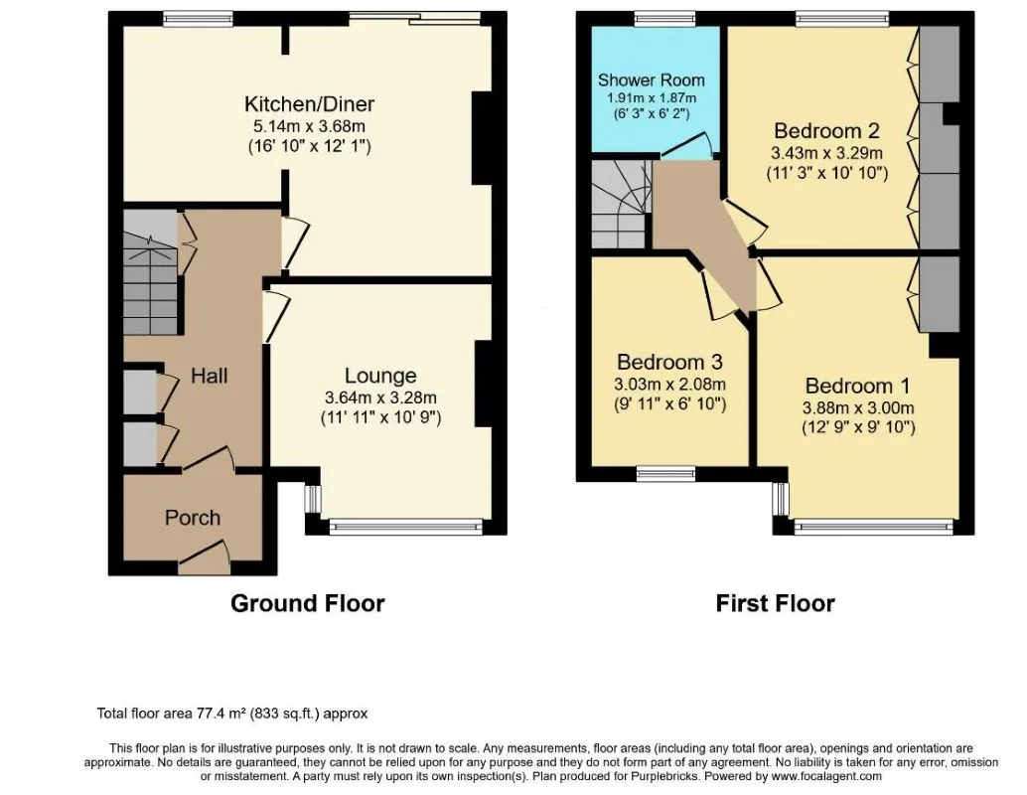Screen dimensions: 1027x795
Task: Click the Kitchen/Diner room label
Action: click(309, 103)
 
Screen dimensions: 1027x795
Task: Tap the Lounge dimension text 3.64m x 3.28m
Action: click(380, 397)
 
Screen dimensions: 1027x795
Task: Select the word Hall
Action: click(209, 376)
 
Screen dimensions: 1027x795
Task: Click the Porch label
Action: click(192, 518)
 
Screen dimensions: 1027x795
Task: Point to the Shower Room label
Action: click(651, 79)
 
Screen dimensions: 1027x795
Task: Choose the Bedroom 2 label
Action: click(826, 130)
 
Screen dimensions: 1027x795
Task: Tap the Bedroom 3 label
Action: click(669, 362)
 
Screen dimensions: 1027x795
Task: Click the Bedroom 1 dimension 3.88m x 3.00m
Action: click(858, 407)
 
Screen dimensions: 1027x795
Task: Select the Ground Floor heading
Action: click(307, 603)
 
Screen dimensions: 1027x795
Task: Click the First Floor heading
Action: click(775, 603)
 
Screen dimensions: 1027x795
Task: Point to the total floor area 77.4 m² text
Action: click(231, 714)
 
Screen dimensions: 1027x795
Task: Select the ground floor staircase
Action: click(150, 272)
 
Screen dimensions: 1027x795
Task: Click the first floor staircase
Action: click(622, 204)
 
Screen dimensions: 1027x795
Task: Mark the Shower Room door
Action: click(686, 145)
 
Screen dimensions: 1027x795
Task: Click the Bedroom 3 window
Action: click(666, 474)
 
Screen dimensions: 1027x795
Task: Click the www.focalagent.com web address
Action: click(826, 777)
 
